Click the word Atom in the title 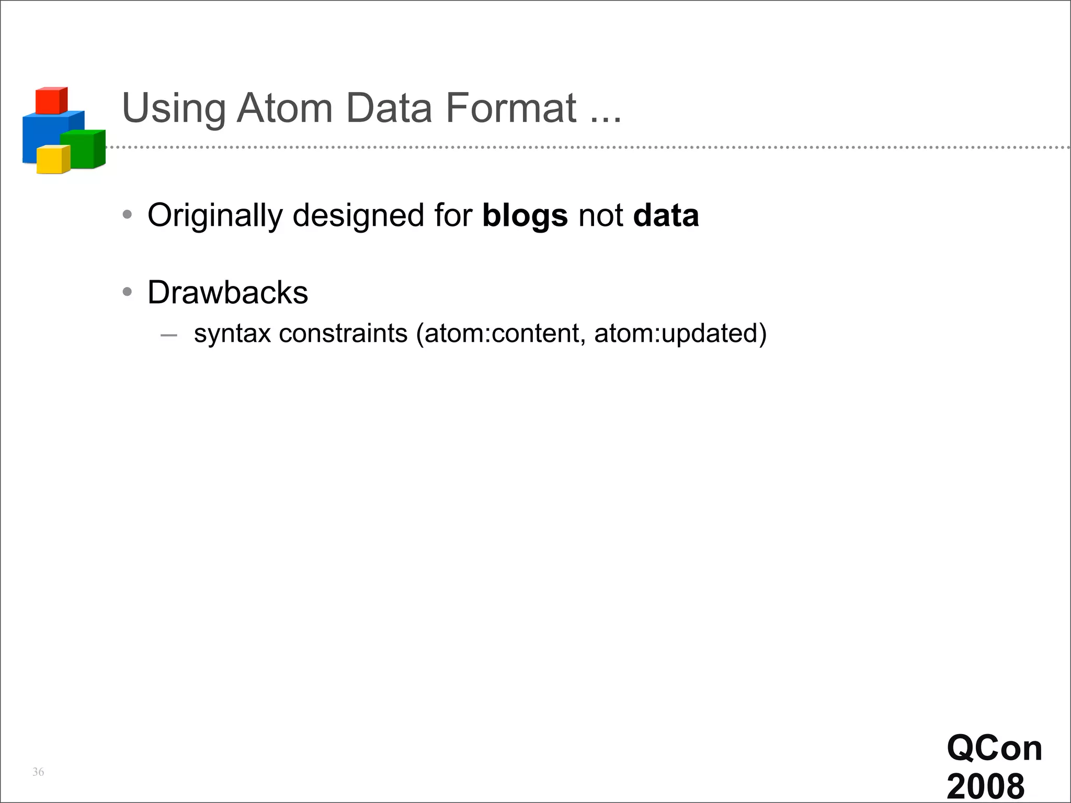(x=284, y=108)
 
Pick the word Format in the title (x=511, y=108)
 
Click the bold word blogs (x=525, y=216)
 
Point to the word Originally (x=215, y=216)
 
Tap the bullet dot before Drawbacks (x=127, y=292)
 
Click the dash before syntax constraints (x=168, y=335)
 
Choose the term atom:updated (x=676, y=334)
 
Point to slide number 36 (x=38, y=772)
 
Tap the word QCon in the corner (x=994, y=748)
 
